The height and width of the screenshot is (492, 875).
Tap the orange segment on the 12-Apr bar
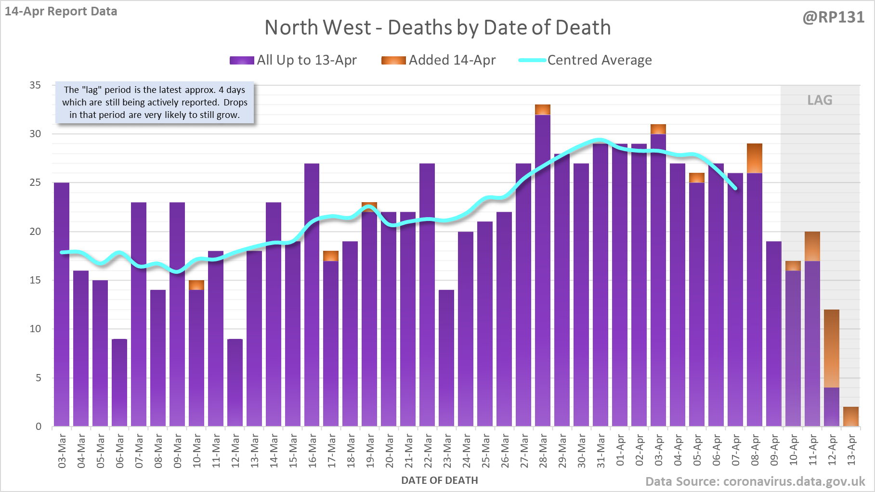click(832, 349)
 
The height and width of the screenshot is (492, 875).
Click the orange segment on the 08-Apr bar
click(755, 158)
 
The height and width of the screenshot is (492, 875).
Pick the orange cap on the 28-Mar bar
click(543, 110)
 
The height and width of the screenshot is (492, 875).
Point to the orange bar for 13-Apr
click(851, 417)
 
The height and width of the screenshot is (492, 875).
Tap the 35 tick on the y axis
click(35, 85)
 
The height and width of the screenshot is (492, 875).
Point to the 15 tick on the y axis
click(35, 280)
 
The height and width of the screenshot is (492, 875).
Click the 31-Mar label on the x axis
click(601, 451)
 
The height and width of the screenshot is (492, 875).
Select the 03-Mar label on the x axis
click(62, 451)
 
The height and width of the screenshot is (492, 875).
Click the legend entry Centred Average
click(599, 60)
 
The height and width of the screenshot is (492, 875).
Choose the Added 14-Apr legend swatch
click(393, 60)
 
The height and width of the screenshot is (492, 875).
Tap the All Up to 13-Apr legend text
click(307, 60)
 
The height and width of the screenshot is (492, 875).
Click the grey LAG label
click(820, 100)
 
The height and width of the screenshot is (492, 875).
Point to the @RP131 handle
click(833, 17)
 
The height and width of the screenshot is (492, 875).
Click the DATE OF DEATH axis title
click(439, 480)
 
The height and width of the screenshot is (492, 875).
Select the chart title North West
click(437, 27)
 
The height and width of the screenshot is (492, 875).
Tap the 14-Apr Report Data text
click(61, 12)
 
